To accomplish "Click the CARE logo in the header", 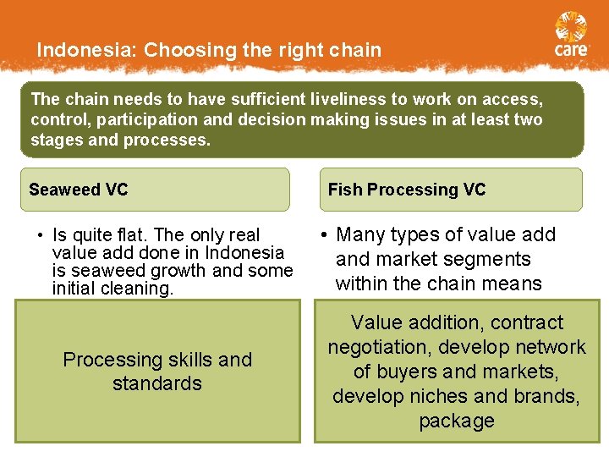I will [571, 36].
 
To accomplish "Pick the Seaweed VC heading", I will [78, 190].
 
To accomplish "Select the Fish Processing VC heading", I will [407, 190].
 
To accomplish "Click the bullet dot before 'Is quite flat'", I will [40, 235].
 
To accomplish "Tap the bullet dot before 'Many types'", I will [324, 235].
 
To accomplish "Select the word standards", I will [157, 383].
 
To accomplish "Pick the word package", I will [457, 421].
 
